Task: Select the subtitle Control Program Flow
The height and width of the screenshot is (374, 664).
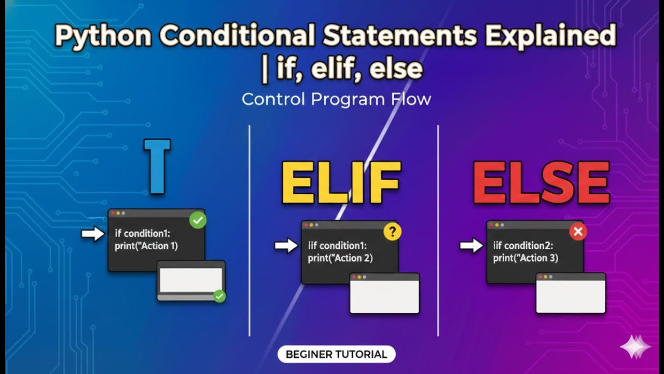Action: pyautogui.click(x=336, y=99)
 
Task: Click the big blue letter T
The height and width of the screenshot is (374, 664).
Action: pyautogui.click(x=157, y=166)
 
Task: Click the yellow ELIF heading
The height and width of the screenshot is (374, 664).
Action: pyautogui.click(x=341, y=183)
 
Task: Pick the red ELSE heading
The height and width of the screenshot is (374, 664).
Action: pyautogui.click(x=541, y=183)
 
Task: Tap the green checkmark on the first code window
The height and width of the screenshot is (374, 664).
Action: pyautogui.click(x=198, y=220)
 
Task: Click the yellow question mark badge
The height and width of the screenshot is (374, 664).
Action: pyautogui.click(x=392, y=232)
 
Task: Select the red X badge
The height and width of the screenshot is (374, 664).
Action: pyautogui.click(x=578, y=232)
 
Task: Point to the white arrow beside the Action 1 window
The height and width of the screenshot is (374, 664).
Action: pyautogui.click(x=93, y=234)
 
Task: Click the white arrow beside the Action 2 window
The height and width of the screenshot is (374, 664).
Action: pyautogui.click(x=286, y=245)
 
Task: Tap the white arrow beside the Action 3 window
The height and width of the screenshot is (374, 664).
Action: pyautogui.click(x=471, y=245)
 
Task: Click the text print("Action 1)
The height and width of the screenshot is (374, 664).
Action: pyautogui.click(x=146, y=246)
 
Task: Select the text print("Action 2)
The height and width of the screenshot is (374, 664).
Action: pyautogui.click(x=340, y=258)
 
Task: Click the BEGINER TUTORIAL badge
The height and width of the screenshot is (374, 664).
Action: pyautogui.click(x=336, y=354)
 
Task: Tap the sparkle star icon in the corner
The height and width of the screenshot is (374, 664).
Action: pyautogui.click(x=635, y=346)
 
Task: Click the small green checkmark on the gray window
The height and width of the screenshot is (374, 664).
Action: pyautogui.click(x=219, y=296)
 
